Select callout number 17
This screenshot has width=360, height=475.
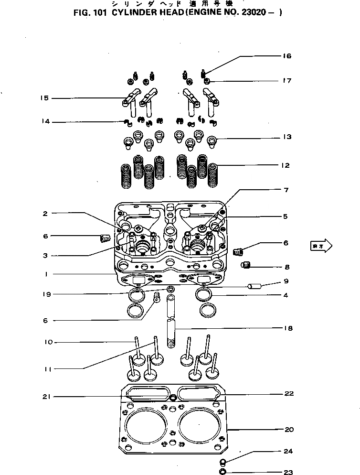[x=286, y=81]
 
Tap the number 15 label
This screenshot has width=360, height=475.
[x=44, y=98]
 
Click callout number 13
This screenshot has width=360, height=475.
[x=286, y=137]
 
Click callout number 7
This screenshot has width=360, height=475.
[x=286, y=190]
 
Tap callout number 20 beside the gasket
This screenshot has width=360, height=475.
[x=288, y=430]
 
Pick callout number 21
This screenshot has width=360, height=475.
[x=45, y=396]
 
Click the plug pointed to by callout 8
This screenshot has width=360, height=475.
[x=246, y=265]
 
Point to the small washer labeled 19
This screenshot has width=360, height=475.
[x=171, y=290]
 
